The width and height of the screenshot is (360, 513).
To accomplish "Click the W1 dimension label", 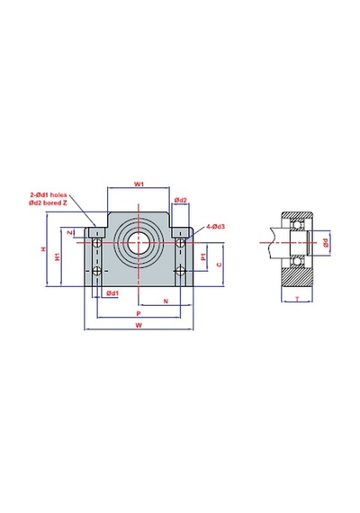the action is click(x=139, y=184).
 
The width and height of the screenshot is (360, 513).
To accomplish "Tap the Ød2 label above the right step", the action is click(x=180, y=200).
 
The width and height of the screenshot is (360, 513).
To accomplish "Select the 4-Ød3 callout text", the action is click(x=215, y=227).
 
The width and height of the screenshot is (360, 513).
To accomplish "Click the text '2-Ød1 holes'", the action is click(x=49, y=195).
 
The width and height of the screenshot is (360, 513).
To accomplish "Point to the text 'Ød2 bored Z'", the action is click(x=48, y=202).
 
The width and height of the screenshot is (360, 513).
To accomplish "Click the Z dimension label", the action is click(x=69, y=232).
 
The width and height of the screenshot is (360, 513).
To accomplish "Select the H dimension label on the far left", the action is click(x=43, y=249).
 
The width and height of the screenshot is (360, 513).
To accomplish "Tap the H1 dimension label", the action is click(x=58, y=256).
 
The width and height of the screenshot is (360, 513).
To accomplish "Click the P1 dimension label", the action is click(x=203, y=257).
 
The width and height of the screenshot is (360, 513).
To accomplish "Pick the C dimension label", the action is click(x=220, y=265).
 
